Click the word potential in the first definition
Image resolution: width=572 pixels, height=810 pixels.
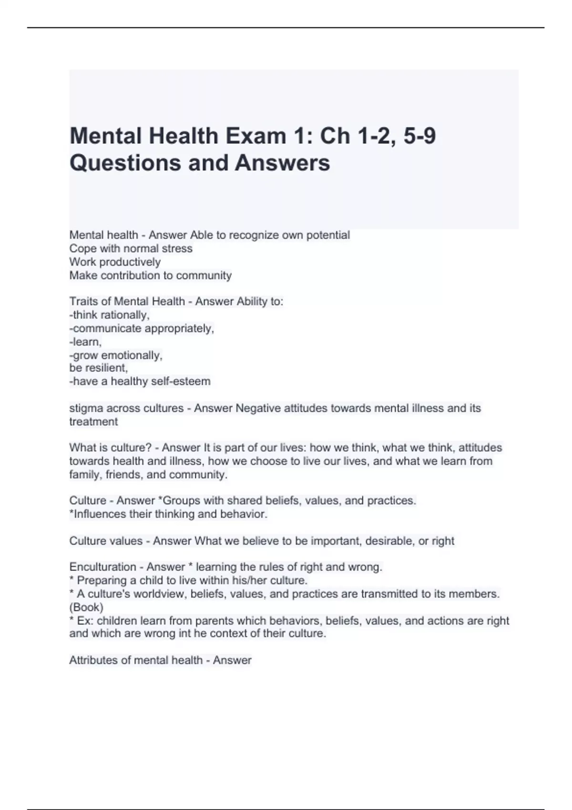329,235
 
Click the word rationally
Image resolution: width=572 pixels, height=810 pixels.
125,315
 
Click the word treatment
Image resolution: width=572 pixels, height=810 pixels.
93,422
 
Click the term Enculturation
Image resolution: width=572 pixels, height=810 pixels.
102,567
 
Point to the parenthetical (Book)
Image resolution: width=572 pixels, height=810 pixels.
86,607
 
